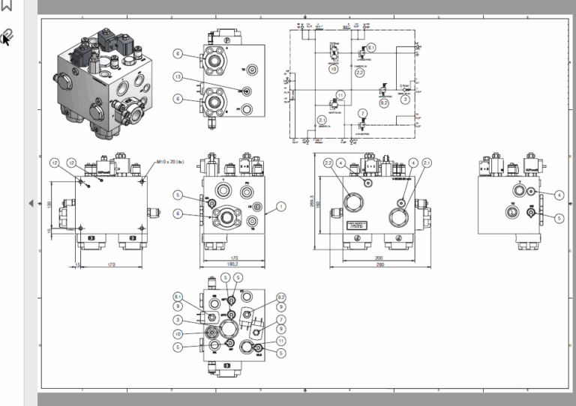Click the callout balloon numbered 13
point(178,76)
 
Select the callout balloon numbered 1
point(280,205)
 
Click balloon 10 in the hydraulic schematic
point(333,68)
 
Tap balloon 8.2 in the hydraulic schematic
point(383,103)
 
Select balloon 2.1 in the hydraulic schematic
point(322,120)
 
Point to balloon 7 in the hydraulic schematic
point(362,113)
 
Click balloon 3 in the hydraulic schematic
point(405,98)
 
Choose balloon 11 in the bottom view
point(280,340)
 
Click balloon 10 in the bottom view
point(178,333)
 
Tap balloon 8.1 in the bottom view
point(178,296)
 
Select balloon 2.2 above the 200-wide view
point(328,163)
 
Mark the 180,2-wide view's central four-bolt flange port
point(225,217)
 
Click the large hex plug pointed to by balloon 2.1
point(397,217)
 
